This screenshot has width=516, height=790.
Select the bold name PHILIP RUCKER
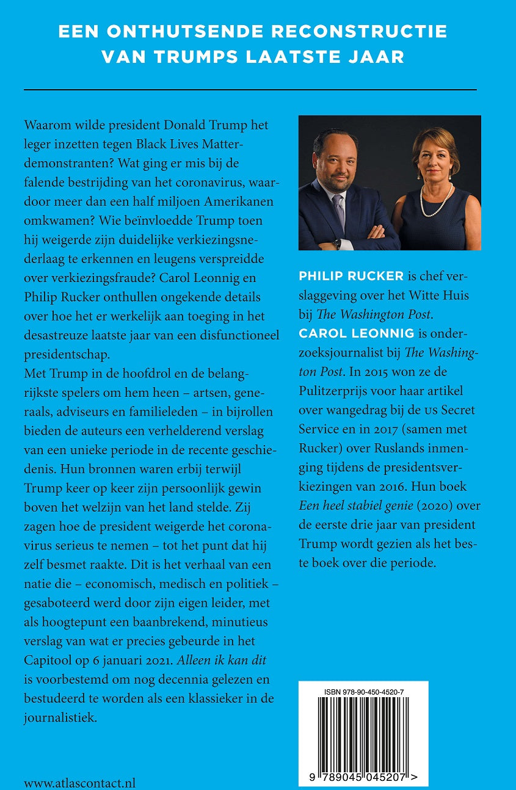(x=351, y=276)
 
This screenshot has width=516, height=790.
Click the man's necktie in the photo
(x=339, y=211)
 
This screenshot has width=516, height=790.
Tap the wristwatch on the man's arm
(x=337, y=244)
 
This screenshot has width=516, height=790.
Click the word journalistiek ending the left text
(x=60, y=717)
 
